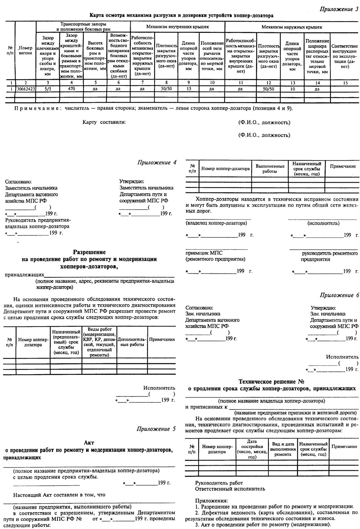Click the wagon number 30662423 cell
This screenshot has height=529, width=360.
coord(25,89)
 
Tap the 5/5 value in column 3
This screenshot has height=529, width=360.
coord(48,89)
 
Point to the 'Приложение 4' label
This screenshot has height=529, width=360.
coord(157,162)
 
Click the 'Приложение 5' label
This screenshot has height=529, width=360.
coord(156,429)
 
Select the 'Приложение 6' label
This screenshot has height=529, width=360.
coord(339,295)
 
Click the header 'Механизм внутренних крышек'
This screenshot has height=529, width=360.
coord(177,26)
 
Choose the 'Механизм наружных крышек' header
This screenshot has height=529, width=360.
coord(291,27)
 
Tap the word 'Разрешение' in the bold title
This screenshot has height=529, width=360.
coord(90,252)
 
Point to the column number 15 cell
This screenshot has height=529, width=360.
coord(345,83)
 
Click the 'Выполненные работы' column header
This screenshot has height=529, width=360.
coord(270,169)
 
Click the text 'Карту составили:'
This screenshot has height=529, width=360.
coord(104,122)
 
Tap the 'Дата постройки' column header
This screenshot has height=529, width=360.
coord(252,449)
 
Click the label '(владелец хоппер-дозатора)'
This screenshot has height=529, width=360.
coord(216,223)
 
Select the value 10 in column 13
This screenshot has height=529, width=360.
coord(292,89)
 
